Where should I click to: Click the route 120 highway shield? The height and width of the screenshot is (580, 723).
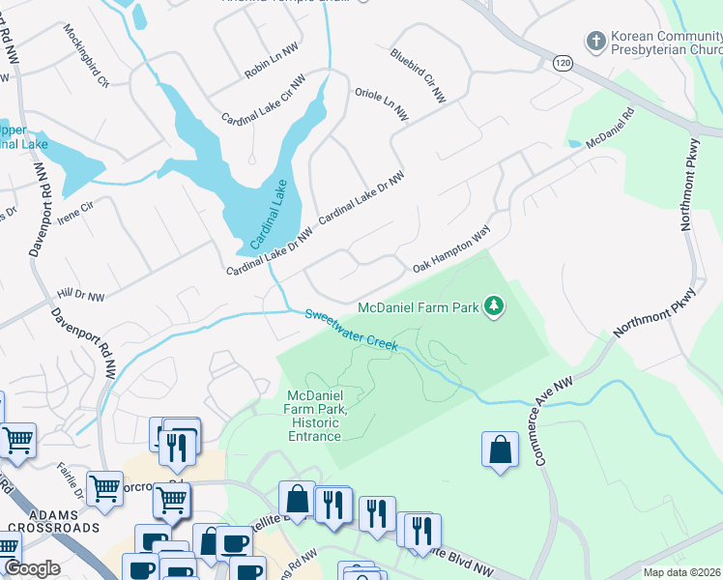point(561,63)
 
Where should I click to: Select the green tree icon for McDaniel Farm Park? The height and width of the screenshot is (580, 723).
point(494,307)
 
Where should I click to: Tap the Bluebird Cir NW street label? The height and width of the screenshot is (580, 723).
point(418,76)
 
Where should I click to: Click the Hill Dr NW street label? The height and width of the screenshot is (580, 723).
point(80,293)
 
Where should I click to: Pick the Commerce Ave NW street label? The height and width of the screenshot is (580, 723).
point(554,420)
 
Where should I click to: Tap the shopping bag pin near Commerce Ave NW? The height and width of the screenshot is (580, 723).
point(500,449)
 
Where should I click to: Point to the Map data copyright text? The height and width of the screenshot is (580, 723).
point(680,572)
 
